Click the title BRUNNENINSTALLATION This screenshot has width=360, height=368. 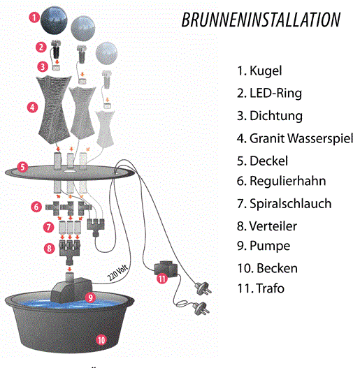coord(261,20)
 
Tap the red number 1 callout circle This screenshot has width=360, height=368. coord(34,17)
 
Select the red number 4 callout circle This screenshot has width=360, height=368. coord(32,108)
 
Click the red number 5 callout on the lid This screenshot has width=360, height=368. coord(22,167)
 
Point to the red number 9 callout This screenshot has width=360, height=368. coord(90,297)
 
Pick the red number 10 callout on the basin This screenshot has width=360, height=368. coord(101,340)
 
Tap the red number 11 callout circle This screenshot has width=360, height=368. coord(162,279)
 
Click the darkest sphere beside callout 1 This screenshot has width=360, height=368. coord(54,20)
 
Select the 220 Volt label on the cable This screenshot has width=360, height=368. coord(117,273)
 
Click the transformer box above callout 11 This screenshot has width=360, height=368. coord(166,268)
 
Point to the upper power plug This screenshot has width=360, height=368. coord(203,288)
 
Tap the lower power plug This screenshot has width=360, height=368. coord(201,308)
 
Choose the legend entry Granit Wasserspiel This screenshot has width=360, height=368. coord(296,138)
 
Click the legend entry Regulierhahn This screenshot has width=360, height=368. coord(282,181)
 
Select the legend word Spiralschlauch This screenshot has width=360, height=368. coord(290,203)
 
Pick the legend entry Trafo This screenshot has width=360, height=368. coord(261,288)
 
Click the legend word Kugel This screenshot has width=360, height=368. coord(266,71)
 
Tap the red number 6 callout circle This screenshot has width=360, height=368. coord(36,207)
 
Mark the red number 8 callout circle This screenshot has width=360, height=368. coord(50,249)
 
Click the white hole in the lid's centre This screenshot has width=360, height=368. coord(70,171)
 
